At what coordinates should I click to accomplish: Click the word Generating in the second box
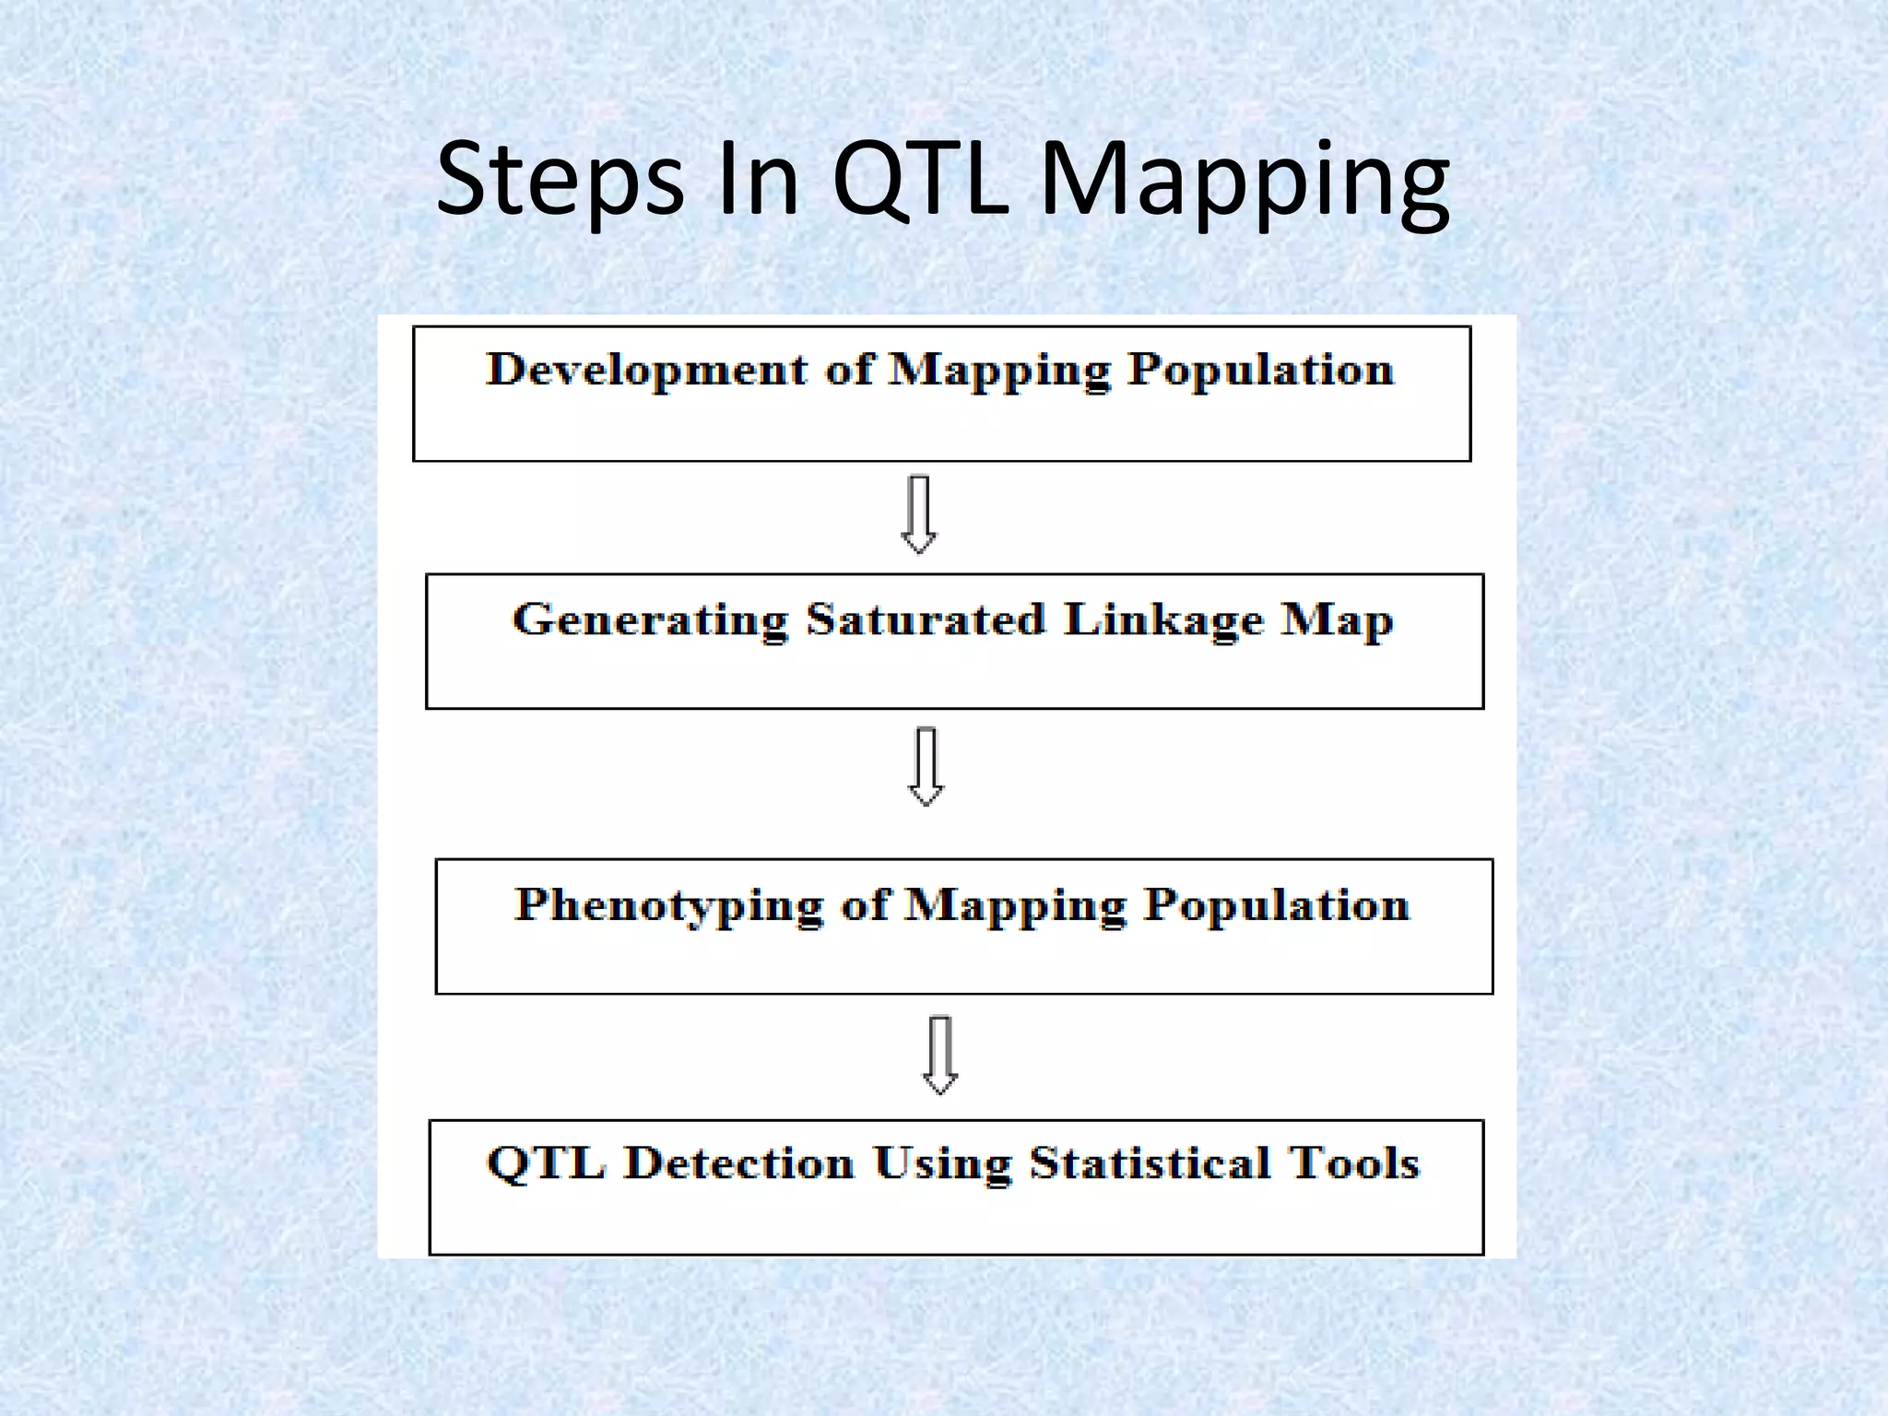tap(650, 619)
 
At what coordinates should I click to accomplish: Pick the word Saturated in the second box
tap(926, 619)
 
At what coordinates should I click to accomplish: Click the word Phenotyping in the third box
tap(668, 905)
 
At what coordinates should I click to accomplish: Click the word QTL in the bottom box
tap(546, 1163)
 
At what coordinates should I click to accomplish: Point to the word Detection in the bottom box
tap(739, 1163)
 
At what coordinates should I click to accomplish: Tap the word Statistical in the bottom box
tap(1147, 1163)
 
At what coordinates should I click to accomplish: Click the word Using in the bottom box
tap(942, 1164)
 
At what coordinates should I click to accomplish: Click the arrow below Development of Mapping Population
tap(919, 514)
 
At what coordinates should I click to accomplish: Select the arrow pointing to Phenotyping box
tap(926, 767)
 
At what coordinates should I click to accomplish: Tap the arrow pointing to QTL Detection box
tap(940, 1055)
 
